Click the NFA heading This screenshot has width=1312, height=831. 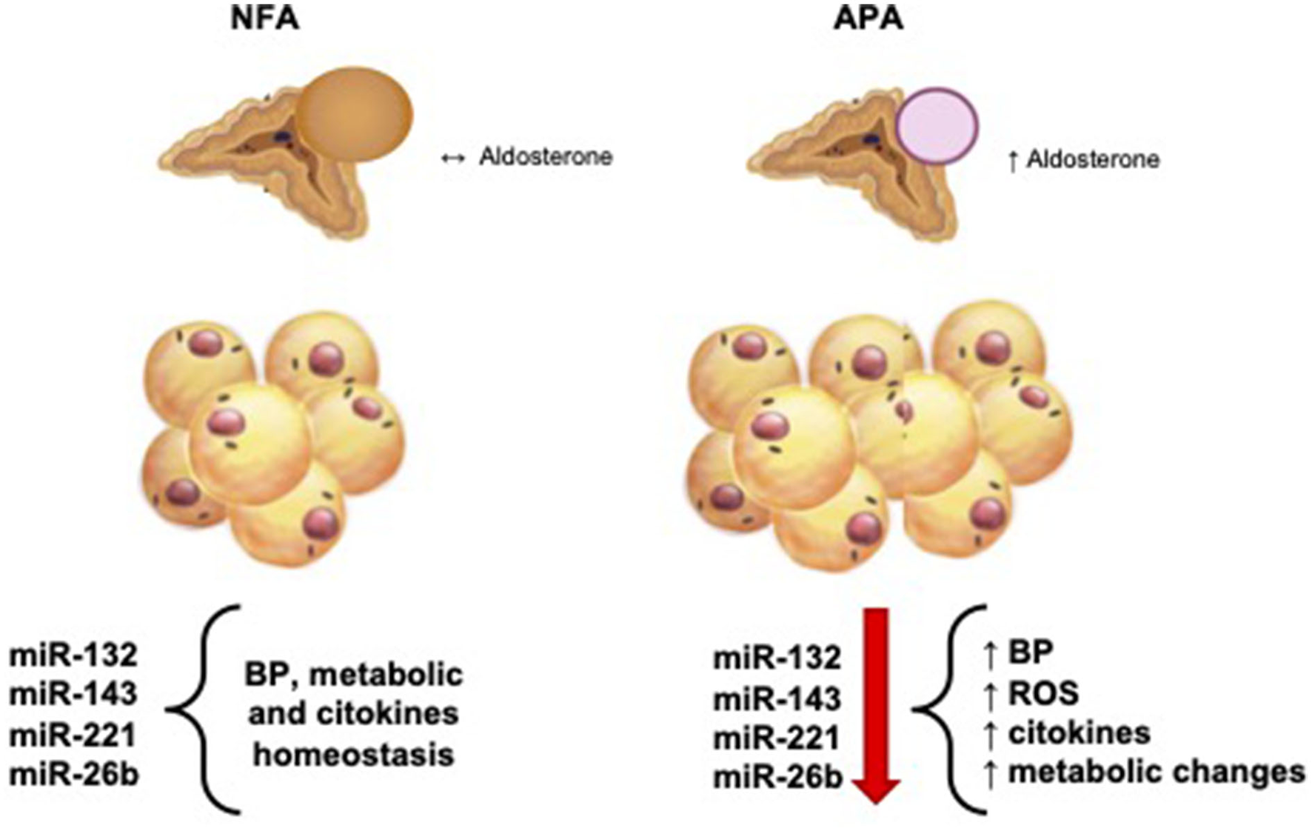tap(264, 19)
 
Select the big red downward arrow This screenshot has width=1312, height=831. tap(876, 704)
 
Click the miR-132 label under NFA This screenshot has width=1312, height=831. tap(73, 655)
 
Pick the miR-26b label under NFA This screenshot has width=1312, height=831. tap(74, 775)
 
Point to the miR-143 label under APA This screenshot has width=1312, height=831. tap(777, 698)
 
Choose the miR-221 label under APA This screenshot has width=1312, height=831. tap(777, 738)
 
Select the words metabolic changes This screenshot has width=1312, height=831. tap(1157, 772)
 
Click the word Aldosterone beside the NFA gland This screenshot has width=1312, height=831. tap(546, 157)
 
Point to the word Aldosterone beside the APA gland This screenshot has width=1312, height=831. tap(1092, 160)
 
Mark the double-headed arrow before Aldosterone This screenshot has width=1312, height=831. tap(452, 158)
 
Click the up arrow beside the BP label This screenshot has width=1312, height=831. tap(990, 653)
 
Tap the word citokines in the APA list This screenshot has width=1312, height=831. tap(1079, 732)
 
